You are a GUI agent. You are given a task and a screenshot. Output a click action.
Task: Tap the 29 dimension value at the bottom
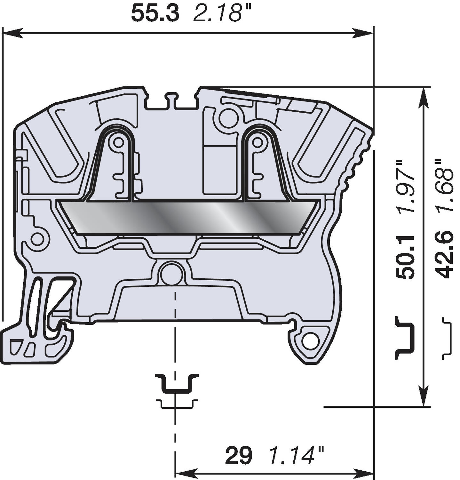pyautogui.click(x=238, y=456)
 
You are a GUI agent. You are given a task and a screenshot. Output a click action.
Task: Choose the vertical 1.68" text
pyautogui.click(x=444, y=186)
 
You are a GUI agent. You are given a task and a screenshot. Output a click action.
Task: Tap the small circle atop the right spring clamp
pyautogui.click(x=257, y=141)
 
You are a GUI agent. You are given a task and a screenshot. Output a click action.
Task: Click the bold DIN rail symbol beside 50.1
pyautogui.click(x=405, y=338)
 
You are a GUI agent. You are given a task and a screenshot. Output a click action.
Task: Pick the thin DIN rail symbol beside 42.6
pyautogui.click(x=448, y=338)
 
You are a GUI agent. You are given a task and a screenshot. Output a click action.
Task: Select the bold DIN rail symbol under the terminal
pyautogui.click(x=177, y=383)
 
